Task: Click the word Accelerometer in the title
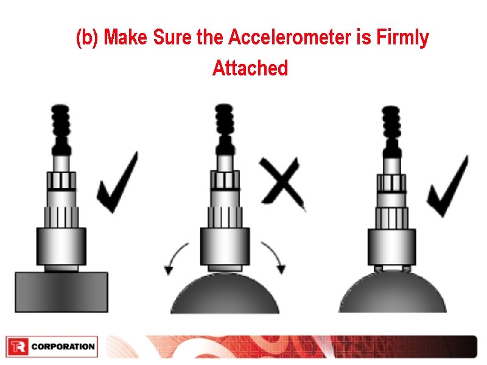292,38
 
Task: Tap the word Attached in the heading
250,68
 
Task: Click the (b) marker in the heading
87,38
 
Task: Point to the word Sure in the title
174,38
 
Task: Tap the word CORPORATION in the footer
63,347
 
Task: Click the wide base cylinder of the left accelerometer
61,246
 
